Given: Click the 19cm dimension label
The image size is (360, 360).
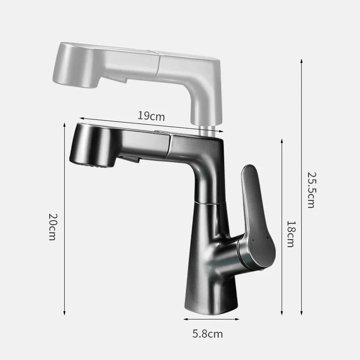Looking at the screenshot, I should click(151, 116).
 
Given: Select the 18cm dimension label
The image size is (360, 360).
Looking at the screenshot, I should click(290, 234).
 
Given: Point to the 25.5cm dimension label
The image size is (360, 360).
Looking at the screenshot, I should click(310, 190).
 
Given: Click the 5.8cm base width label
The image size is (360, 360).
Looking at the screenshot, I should click(207, 334).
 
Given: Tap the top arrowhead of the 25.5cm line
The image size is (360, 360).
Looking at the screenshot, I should click(301, 60).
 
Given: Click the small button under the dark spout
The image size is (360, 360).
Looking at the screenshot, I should click(132, 159).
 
